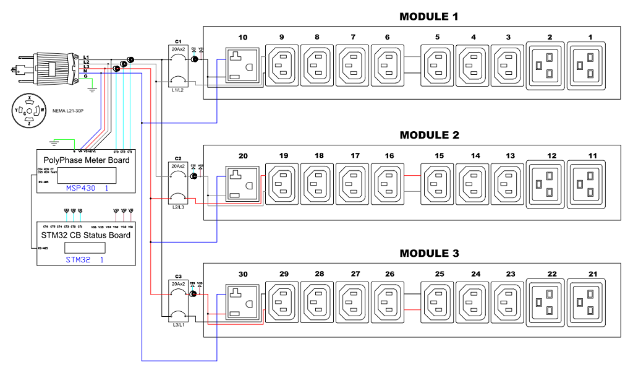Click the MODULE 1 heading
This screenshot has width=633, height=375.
pos(429,17)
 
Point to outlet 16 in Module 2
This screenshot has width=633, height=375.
pos(388,184)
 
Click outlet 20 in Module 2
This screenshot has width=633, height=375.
pos(242,184)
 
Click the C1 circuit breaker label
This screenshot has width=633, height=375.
pos(178,41)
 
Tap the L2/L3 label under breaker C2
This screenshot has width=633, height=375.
pos(178,209)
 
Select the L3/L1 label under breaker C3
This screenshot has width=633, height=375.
pos(178,327)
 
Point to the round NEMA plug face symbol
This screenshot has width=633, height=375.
pos(28,111)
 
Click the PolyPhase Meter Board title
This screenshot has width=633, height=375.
pos(87,160)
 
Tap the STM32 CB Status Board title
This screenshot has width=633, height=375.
pos(86,235)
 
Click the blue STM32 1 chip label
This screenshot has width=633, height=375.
pos(84,261)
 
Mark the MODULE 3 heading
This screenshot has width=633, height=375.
pos(429,254)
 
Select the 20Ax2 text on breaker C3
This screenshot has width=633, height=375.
pos(178,283)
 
